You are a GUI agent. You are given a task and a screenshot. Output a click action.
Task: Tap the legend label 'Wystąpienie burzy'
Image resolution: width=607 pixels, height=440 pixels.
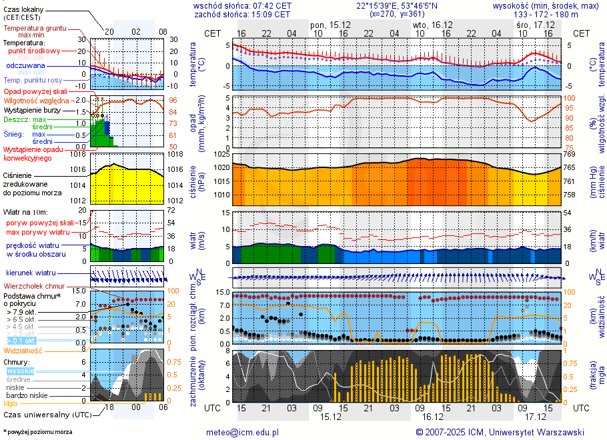(x=34, y=109)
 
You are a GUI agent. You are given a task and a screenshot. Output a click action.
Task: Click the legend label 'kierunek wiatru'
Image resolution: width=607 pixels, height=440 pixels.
(x=31, y=273)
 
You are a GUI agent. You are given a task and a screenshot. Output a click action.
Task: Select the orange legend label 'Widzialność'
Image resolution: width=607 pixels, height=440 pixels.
(x=23, y=350)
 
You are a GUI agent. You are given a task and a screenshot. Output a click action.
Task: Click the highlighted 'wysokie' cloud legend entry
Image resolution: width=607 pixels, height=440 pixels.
(x=20, y=371)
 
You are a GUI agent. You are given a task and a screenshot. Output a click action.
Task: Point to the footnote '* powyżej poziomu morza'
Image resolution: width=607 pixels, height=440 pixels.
(x=37, y=432)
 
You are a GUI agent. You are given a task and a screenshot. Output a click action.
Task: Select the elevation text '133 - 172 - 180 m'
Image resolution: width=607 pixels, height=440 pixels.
(x=546, y=14)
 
